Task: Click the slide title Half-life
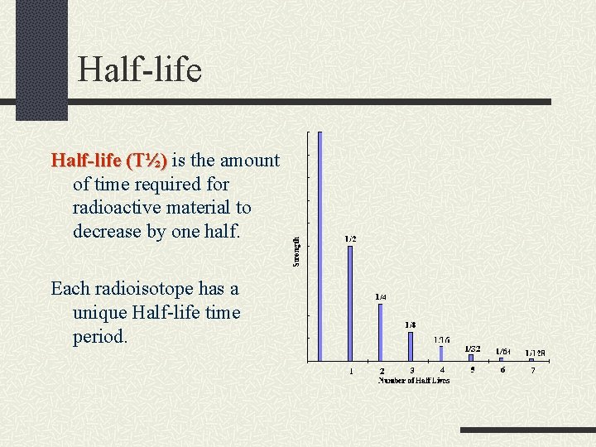[x=139, y=70]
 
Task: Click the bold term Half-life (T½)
[x=109, y=160]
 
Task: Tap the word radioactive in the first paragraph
[x=116, y=208]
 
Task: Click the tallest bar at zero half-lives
[x=320, y=246]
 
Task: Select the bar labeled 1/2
[x=350, y=302]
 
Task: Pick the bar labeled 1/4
[x=381, y=331]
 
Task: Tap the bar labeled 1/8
[x=411, y=346]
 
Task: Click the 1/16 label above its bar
[x=442, y=339]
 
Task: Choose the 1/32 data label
[x=473, y=348]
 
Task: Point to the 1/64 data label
[x=503, y=352]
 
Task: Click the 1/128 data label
[x=535, y=353]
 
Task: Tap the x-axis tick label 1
[x=351, y=371]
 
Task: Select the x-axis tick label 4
[x=442, y=370]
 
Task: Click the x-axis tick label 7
[x=533, y=370]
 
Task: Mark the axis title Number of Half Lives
[x=414, y=380]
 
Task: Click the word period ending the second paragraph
[x=100, y=337]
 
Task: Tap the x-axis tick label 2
[x=382, y=372]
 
